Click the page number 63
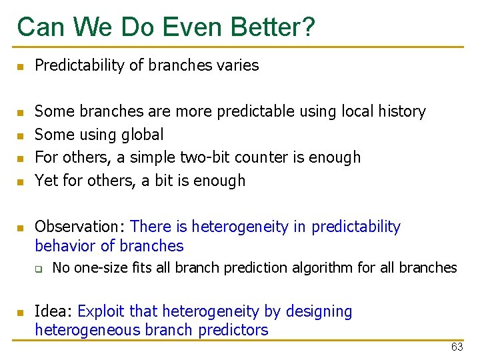457,347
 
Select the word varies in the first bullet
236,65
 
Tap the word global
141,135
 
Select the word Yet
45,181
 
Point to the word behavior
65,246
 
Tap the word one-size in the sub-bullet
98,268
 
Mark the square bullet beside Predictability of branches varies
21,67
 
